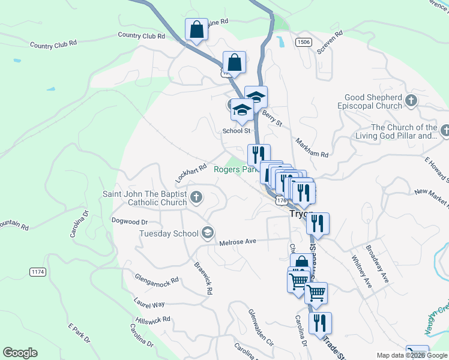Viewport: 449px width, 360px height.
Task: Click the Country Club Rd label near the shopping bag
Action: (141, 36)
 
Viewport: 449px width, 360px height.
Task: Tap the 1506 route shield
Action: (303, 41)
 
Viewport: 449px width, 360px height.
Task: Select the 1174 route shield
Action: (38, 272)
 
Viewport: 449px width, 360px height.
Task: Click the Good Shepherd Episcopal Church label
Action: (373, 101)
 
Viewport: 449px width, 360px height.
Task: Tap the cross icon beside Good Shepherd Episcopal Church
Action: (411, 101)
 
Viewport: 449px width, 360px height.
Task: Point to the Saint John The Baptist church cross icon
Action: (196, 197)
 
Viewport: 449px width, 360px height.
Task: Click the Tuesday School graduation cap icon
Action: (208, 233)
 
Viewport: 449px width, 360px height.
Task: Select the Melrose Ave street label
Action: (238, 241)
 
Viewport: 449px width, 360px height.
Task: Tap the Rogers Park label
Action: (235, 170)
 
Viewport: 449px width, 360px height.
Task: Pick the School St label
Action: (236, 131)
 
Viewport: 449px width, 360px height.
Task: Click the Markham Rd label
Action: (313, 147)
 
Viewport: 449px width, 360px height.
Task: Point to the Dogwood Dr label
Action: (130, 220)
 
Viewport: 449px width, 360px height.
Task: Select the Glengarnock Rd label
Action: (157, 280)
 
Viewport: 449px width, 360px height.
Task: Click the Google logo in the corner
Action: (20, 353)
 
